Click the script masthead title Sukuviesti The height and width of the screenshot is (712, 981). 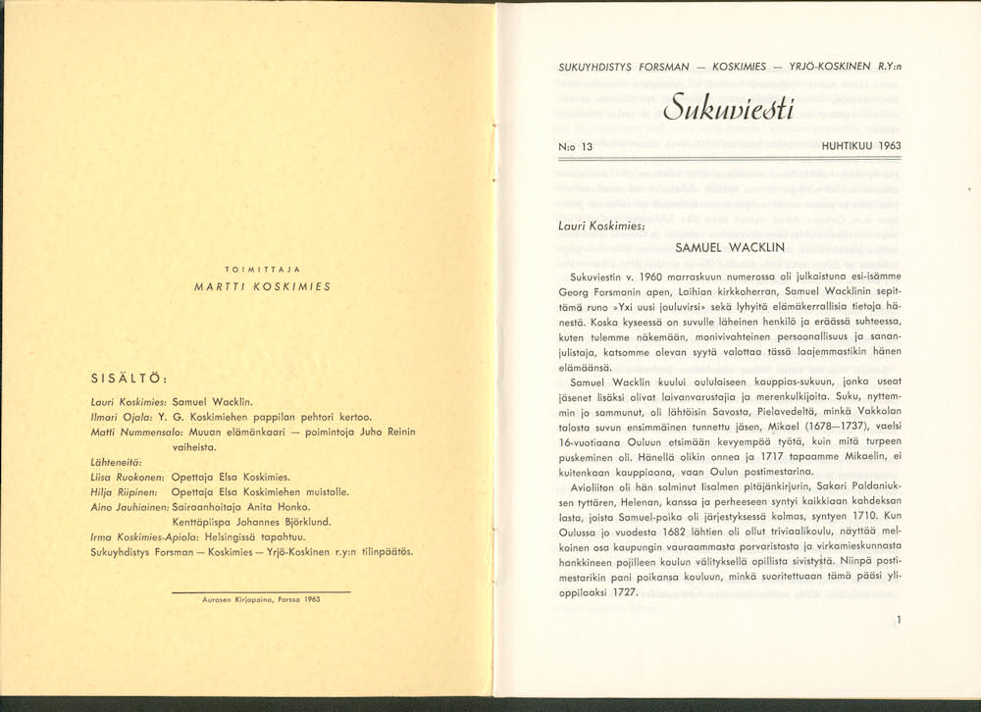(728, 105)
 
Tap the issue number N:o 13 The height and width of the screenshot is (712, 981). (574, 146)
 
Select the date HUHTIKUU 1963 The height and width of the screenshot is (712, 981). (862, 146)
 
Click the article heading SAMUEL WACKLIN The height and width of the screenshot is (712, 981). (729, 248)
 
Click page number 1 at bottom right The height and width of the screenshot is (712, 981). (899, 619)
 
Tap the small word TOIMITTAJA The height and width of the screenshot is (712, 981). (262, 269)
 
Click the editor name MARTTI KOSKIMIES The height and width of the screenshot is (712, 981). (262, 287)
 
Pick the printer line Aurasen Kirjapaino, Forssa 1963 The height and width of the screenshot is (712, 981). (261, 598)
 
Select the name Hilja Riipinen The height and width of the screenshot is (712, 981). (125, 491)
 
